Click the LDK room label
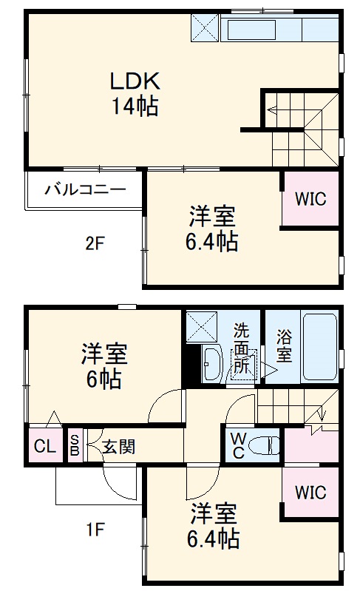pos(135,80)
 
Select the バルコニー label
pos(84,189)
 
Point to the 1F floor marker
pos(95,529)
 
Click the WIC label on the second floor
pos(310,199)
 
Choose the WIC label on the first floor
pos(310,492)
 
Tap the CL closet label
pos(44,446)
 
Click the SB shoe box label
pos(75,446)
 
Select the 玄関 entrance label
pos(118,447)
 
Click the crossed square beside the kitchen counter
pos(206,27)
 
